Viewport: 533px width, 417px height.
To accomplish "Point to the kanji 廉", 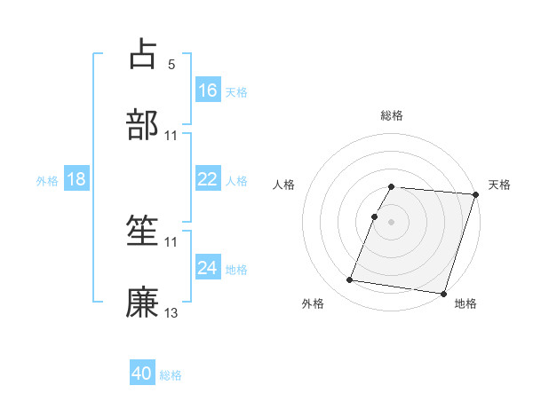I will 142,301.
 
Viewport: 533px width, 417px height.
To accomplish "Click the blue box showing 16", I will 208,90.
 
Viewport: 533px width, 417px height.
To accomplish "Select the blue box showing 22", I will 208,179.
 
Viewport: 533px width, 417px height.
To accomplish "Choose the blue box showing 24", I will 208,267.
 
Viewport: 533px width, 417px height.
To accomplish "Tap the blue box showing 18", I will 76,179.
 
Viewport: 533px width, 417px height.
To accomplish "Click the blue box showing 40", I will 142,374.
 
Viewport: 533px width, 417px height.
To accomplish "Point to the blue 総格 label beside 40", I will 171,375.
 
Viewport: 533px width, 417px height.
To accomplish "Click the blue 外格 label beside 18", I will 47,181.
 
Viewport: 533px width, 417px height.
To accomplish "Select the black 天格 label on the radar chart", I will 500,185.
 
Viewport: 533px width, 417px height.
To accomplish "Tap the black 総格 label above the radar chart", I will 392,115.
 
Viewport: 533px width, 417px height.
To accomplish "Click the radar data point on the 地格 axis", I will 443,293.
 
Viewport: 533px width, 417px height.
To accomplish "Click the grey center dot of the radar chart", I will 392,221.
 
